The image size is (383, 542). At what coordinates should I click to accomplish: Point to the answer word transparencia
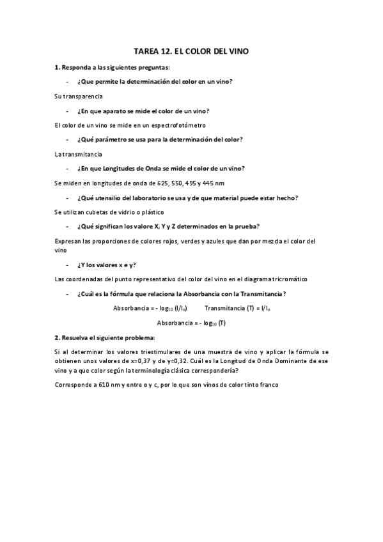pos(81,96)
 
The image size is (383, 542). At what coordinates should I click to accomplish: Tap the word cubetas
pos(96,212)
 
